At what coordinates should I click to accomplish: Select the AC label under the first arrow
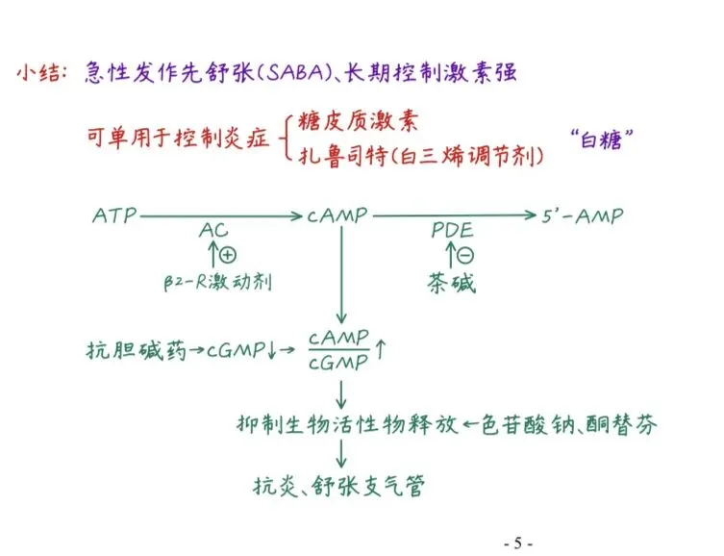point(213,233)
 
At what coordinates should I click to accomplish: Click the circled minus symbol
point(465,256)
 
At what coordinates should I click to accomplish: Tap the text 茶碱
point(452,283)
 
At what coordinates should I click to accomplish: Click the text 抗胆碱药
point(120,351)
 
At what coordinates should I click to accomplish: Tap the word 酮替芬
point(626,423)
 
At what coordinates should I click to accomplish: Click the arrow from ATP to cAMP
point(221,216)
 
